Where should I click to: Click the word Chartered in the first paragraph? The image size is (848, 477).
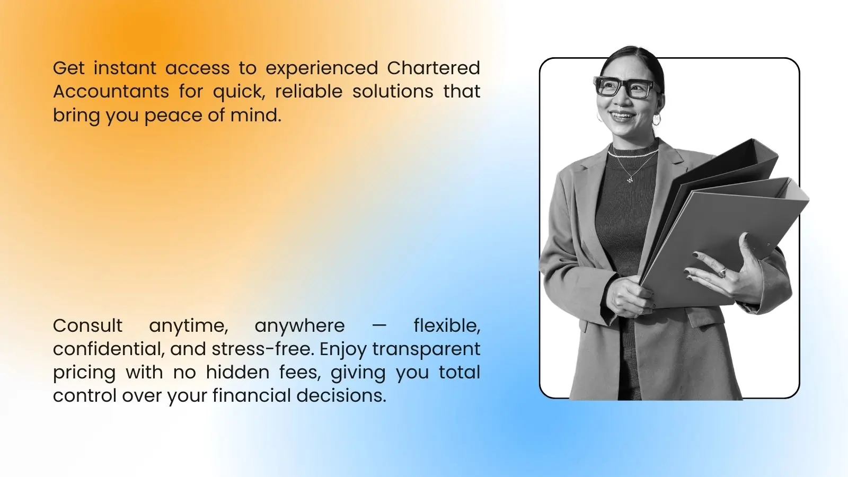[x=433, y=68]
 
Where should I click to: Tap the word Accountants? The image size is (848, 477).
[x=111, y=92]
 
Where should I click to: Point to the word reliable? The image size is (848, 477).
[x=308, y=92]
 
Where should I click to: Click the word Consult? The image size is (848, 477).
[x=87, y=325]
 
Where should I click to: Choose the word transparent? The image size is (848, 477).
[x=426, y=350]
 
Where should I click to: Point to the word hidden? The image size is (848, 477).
[x=237, y=372]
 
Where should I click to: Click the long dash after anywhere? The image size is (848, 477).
[x=379, y=325]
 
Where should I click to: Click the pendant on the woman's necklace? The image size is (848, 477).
[x=630, y=180]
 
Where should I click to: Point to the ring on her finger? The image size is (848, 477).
[x=722, y=272]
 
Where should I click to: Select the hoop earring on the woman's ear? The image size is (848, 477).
[x=657, y=119]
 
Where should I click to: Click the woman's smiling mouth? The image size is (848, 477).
[x=621, y=116]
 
